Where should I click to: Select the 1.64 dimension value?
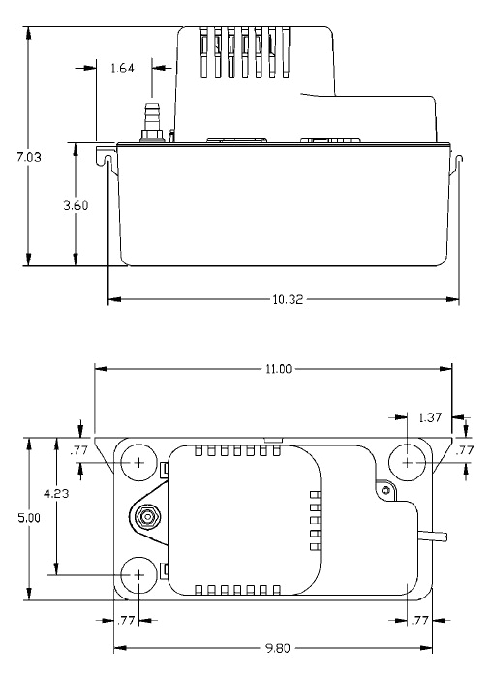pos(123,69)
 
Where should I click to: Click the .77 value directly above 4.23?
pos(81,450)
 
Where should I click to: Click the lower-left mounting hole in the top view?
pos(138,573)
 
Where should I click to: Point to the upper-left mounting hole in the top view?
pos(138,463)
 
